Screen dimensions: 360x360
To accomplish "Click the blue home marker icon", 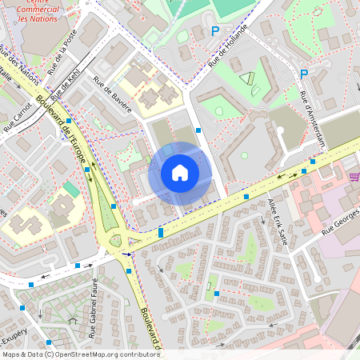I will (180, 173).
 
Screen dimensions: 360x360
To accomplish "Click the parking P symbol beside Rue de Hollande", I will (214, 30).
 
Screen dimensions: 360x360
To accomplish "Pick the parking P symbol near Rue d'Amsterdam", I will (303, 74).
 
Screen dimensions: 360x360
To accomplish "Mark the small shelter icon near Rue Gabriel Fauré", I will (73, 320).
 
